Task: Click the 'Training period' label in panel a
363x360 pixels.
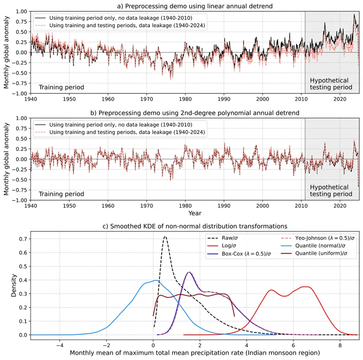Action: click(61, 87)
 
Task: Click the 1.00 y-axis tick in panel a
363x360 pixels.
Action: click(20, 11)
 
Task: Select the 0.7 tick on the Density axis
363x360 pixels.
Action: click(22, 239)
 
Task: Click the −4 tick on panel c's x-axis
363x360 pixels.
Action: click(59, 346)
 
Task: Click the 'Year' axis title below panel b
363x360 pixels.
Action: click(195, 213)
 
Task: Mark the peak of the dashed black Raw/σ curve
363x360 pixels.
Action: click(165, 236)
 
